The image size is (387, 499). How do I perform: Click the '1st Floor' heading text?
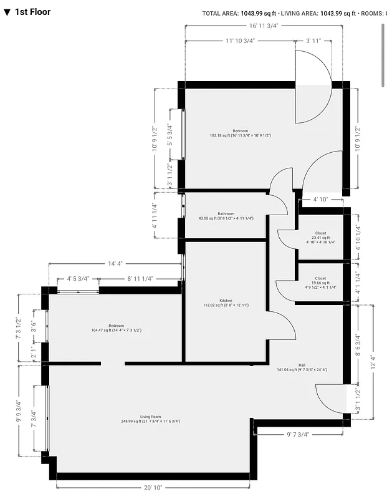pos(33,12)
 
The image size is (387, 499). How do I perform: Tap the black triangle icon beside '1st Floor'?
pos(7,12)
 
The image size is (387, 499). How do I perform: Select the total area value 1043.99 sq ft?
pos(258,13)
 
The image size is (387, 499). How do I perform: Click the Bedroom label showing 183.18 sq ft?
pos(241,132)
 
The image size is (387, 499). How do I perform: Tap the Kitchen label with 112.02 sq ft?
pos(226,303)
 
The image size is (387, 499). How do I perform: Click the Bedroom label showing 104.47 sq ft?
pos(116,327)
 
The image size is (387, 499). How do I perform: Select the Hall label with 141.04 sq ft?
pos(302,367)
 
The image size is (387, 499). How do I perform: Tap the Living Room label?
pos(150,419)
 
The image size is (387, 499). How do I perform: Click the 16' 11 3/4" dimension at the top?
pos(263,26)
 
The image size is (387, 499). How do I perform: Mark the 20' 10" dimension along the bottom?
pos(153,487)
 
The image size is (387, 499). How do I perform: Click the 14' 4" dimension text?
pos(115,264)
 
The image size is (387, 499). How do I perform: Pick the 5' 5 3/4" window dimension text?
pos(170,135)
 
